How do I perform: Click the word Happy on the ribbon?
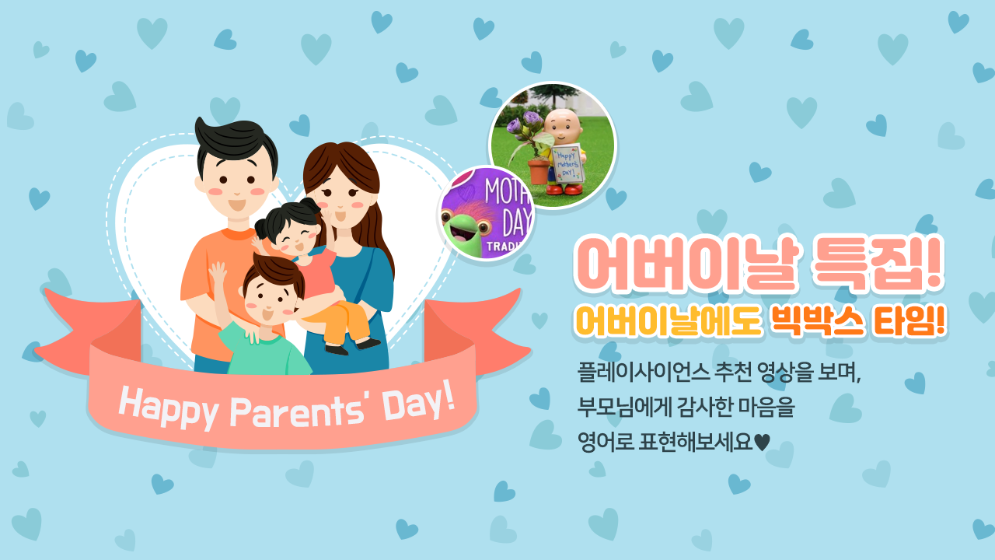(167, 406)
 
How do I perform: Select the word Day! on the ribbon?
(419, 403)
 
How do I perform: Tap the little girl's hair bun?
(309, 206)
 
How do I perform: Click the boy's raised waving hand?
(218, 272)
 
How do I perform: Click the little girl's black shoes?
(353, 347)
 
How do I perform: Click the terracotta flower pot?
(539, 171)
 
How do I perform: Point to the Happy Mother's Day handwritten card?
(567, 163)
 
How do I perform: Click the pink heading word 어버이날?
(686, 264)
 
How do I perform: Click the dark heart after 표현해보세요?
(763, 443)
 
